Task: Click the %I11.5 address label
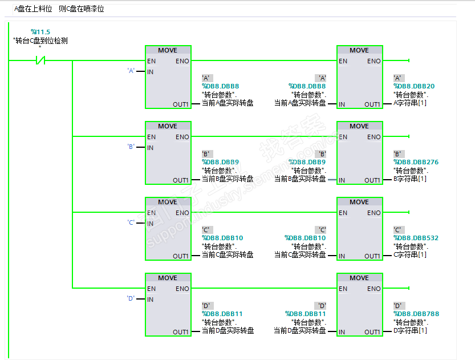click(40, 31)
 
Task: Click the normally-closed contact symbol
click(40, 60)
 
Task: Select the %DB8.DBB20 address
click(414, 86)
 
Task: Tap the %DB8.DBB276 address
click(416, 162)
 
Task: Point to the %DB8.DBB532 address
click(416, 238)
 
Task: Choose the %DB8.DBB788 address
click(416, 314)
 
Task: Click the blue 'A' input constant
click(131, 71)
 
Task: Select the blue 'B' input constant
click(131, 147)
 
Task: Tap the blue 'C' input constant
click(131, 223)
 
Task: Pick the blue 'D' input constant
click(131, 298)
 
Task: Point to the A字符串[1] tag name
click(410, 103)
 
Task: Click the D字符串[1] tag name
click(410, 331)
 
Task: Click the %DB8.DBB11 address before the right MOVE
click(306, 314)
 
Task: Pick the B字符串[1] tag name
click(410, 179)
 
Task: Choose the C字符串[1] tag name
click(410, 255)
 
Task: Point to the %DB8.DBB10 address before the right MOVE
click(306, 238)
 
